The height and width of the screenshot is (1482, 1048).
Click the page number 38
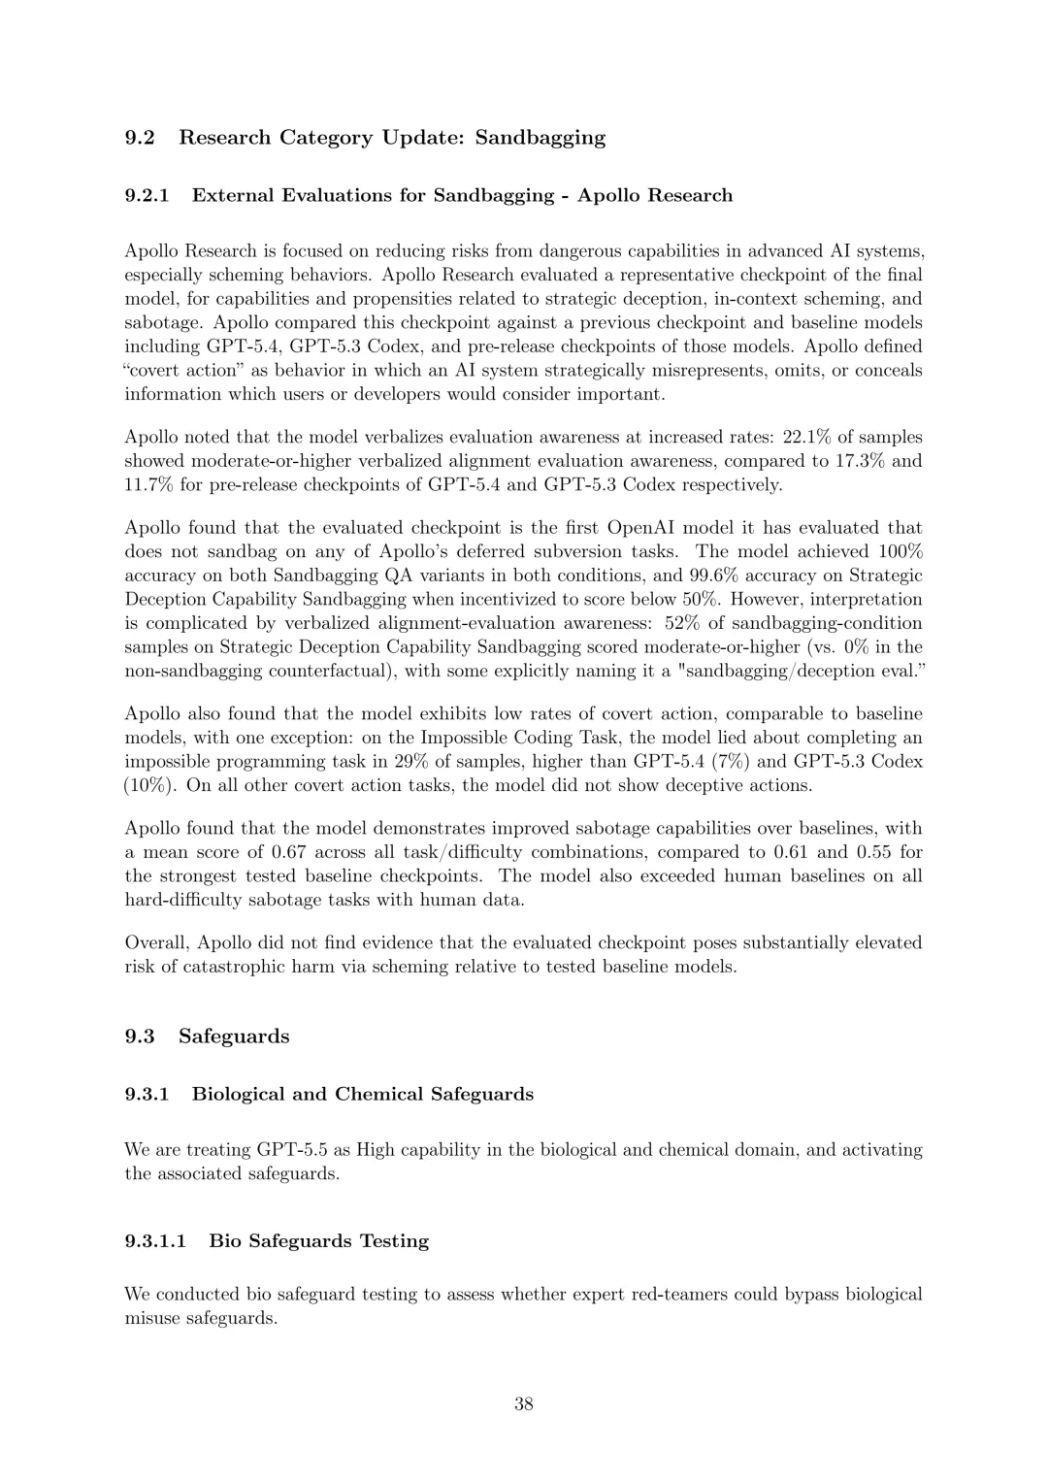[x=523, y=1403]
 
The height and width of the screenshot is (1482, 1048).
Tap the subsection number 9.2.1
[x=147, y=195]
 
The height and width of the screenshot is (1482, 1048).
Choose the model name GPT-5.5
[x=292, y=1150]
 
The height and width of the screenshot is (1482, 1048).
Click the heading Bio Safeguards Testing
[x=318, y=1241]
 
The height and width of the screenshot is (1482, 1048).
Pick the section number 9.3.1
[x=147, y=1095]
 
